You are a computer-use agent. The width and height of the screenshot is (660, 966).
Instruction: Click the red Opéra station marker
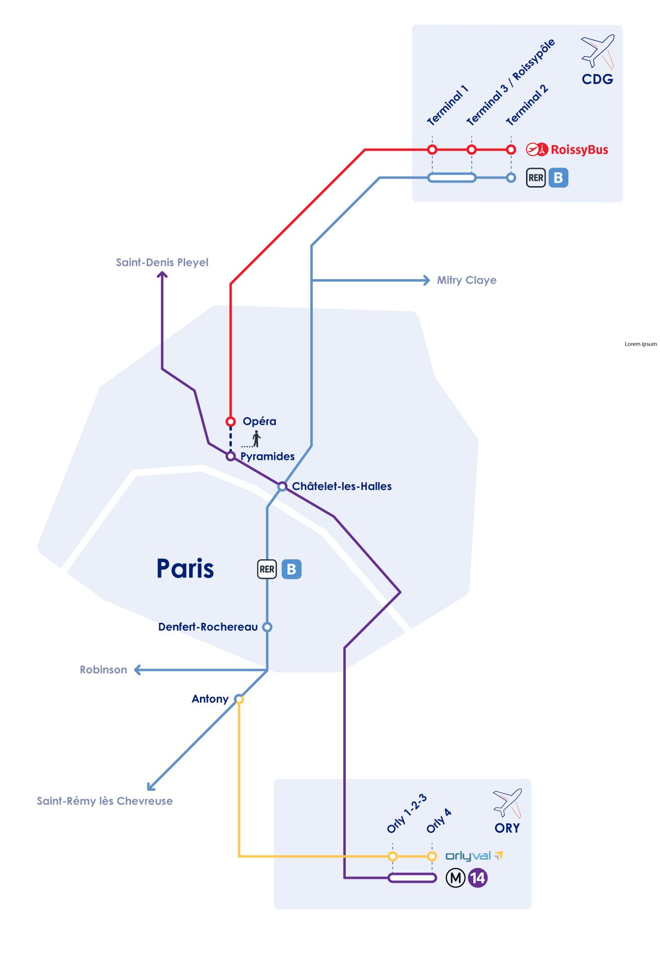231,421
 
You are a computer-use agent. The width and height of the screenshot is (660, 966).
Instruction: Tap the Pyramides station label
267,456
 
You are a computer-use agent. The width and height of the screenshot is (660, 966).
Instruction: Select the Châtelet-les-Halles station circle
282,486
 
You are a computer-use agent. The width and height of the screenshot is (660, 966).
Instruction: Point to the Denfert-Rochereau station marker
267,627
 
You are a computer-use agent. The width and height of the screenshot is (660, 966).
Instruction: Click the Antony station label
210,699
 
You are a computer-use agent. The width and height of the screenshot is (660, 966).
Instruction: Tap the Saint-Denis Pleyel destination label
162,262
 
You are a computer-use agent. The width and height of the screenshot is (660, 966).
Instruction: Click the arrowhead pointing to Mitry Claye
426,280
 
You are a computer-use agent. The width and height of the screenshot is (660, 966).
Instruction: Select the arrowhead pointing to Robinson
138,670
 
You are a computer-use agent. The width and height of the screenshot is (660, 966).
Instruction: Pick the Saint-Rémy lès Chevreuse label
105,801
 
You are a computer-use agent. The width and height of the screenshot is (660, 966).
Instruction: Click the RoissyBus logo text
579,150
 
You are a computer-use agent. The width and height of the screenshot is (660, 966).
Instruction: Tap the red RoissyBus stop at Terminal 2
511,150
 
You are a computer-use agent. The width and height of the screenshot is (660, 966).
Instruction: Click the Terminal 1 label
447,105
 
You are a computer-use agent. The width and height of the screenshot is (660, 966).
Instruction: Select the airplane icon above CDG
597,51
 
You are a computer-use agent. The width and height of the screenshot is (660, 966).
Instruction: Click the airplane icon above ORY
507,803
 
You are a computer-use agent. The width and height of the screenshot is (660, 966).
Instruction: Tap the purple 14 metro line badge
477,878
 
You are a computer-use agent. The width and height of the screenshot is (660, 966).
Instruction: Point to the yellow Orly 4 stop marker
432,856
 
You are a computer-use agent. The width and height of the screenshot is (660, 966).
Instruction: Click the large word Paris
185,569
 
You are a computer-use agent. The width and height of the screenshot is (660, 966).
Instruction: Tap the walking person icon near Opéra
256,439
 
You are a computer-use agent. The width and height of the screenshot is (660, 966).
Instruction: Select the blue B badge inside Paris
292,569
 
